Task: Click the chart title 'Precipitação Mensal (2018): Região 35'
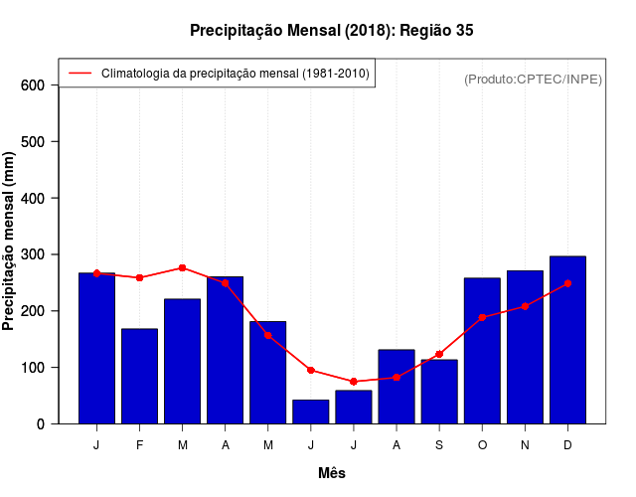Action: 332,31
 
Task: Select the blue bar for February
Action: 139,376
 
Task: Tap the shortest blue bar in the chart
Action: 310,412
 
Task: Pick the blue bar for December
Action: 567,340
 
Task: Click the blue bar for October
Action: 482,351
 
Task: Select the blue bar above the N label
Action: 525,347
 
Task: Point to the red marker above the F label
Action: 139,277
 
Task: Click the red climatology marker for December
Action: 567,283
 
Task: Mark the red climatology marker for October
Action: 482,317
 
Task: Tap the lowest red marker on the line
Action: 353,382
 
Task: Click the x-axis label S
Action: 438,445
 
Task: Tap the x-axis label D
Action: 567,445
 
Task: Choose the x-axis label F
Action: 139,445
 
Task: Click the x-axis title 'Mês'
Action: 332,473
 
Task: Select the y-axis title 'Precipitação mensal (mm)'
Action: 9,241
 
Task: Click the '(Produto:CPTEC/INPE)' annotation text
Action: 533,79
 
